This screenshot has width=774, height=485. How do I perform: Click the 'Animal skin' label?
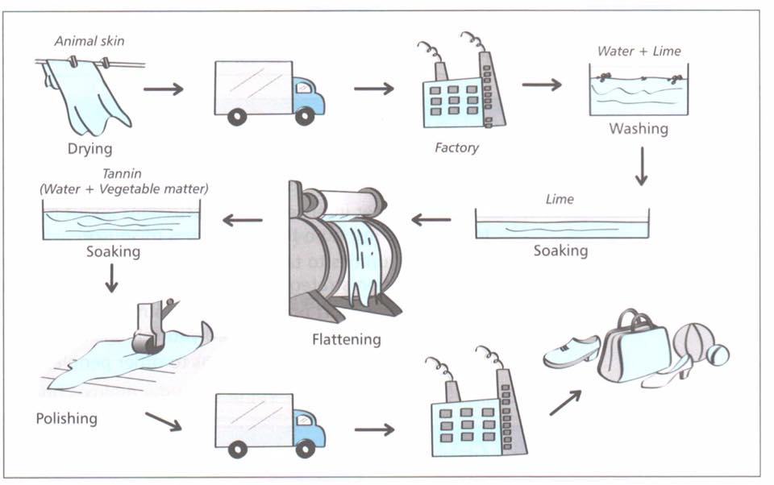(x=89, y=40)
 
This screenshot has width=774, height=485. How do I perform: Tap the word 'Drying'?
(x=89, y=148)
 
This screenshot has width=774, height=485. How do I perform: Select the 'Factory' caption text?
(x=456, y=147)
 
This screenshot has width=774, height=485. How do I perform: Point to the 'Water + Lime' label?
(x=639, y=51)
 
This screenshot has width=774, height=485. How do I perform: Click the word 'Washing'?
(x=638, y=128)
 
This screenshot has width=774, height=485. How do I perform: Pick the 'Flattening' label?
(x=346, y=339)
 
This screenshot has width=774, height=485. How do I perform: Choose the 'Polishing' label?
(x=66, y=418)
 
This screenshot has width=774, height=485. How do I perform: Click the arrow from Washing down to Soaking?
(x=641, y=167)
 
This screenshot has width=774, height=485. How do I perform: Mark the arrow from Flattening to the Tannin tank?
(x=243, y=220)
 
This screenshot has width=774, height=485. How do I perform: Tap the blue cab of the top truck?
(x=307, y=95)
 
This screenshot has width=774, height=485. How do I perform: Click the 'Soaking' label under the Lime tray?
(x=560, y=251)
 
